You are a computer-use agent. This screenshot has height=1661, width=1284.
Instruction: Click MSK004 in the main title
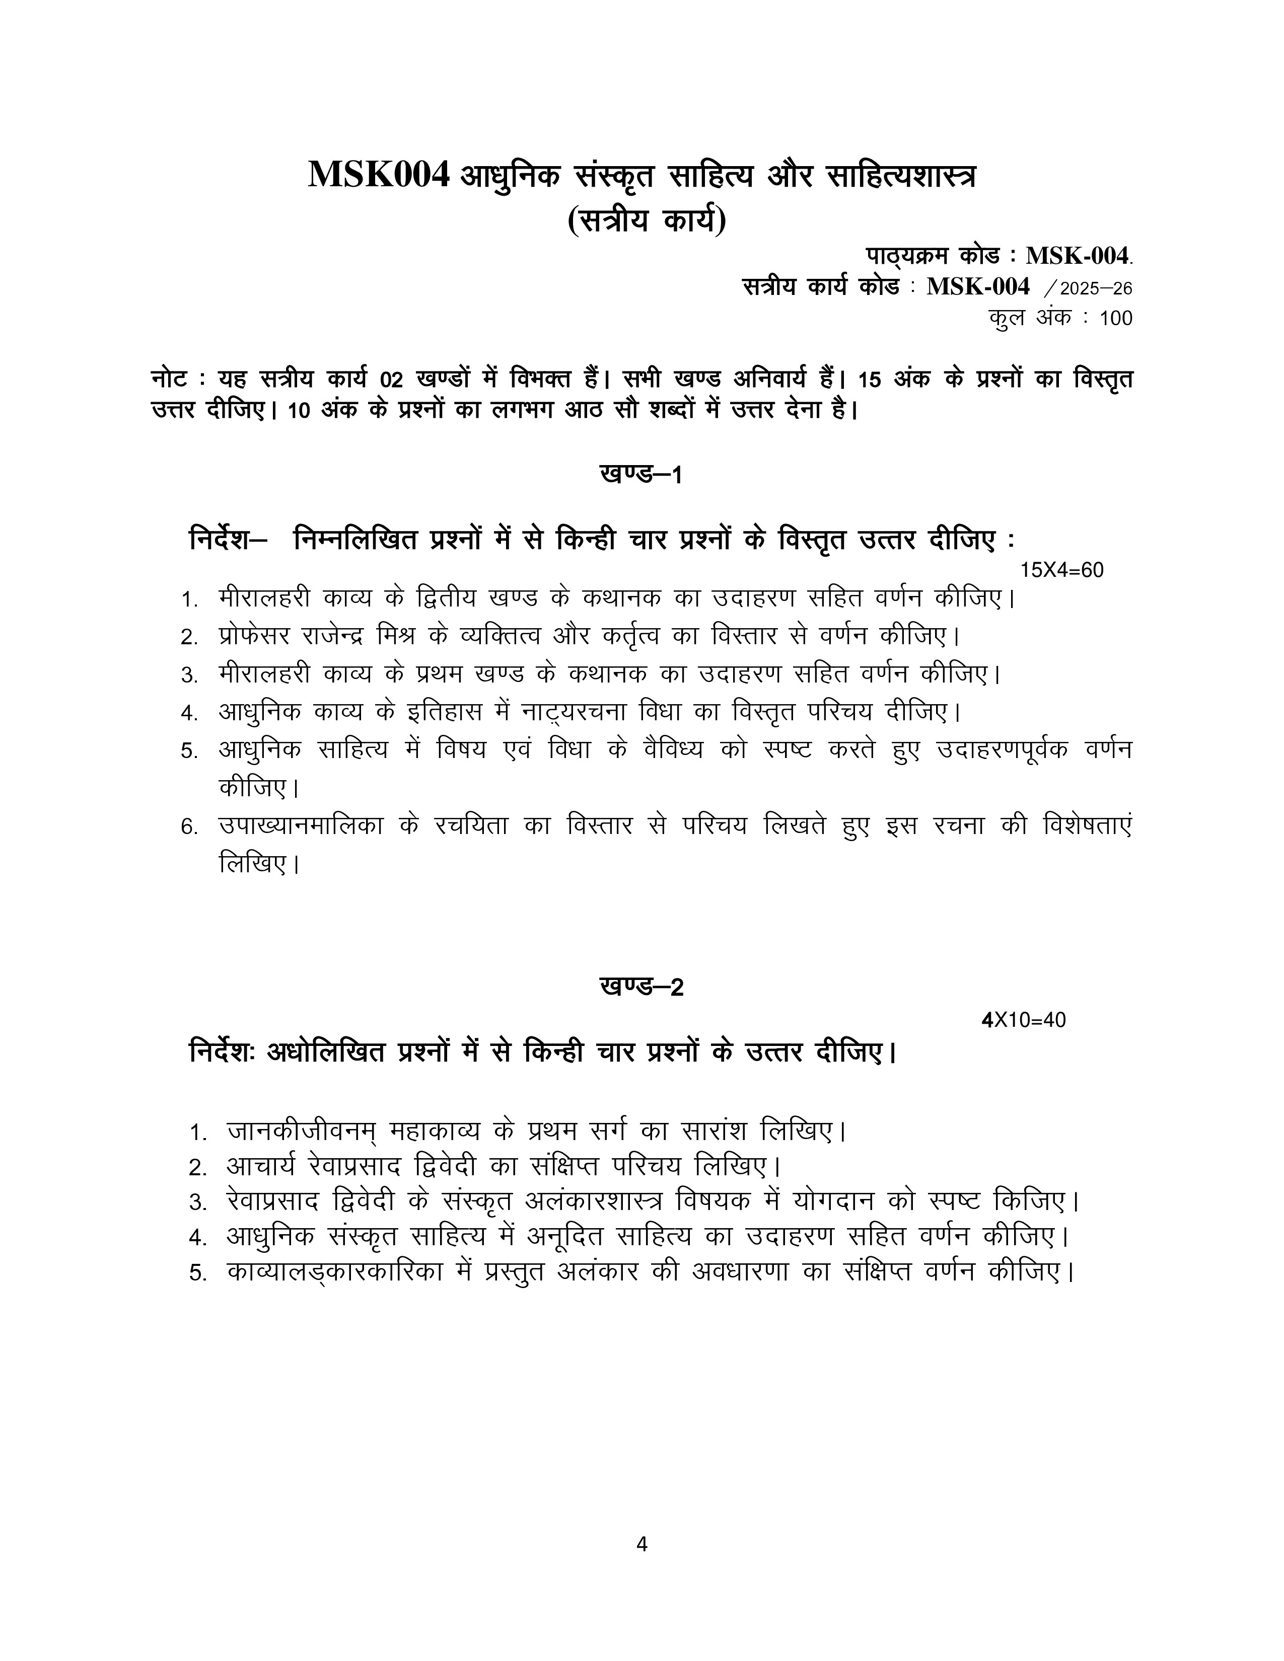point(379,176)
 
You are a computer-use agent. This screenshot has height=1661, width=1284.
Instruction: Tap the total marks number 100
point(1116,319)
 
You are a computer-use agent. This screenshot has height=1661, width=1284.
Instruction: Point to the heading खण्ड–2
point(641,987)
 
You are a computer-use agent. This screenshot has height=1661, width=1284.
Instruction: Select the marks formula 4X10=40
point(1024,1020)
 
